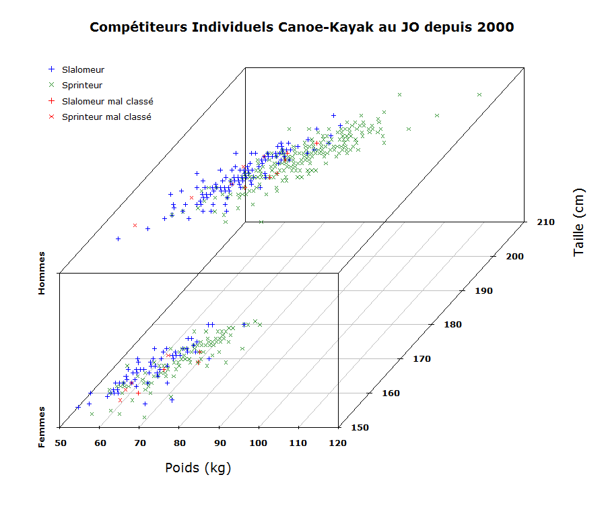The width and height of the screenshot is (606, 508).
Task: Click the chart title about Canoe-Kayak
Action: [302, 28]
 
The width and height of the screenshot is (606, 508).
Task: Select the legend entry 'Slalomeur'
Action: [83, 69]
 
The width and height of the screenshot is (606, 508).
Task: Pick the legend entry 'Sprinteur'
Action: [82, 85]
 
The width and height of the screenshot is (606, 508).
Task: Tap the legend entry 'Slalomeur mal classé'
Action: [107, 101]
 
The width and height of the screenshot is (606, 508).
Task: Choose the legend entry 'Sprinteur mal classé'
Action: [106, 117]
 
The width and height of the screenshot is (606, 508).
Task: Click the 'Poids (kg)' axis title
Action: [198, 468]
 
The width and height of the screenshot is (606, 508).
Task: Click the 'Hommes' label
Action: [42, 273]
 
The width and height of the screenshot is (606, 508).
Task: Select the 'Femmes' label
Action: [42, 426]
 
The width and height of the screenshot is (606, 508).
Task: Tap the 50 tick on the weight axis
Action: [60, 443]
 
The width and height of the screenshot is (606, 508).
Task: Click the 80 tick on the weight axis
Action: [179, 443]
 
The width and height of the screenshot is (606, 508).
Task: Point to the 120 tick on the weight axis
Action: [338, 443]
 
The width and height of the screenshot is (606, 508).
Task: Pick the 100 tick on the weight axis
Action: [259, 443]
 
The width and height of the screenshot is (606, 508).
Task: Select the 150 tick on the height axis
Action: [360, 427]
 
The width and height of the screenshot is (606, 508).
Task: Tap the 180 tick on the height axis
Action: [451, 324]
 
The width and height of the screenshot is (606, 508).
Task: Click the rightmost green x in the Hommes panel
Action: [479, 94]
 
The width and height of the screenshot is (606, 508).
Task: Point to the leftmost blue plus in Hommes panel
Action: [118, 239]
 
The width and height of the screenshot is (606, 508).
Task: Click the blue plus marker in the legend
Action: [51, 69]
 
